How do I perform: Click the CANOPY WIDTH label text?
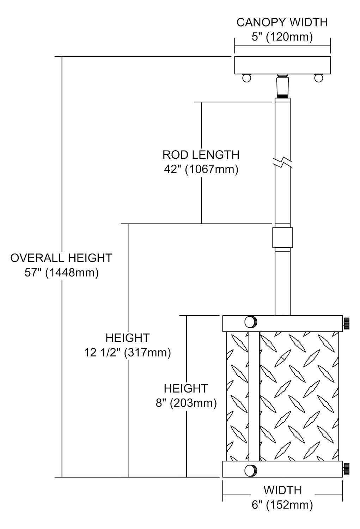282,22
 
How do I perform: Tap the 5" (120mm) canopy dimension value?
282,37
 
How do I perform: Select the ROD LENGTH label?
201,154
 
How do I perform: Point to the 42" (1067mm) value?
201,169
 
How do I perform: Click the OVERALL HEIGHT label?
61,258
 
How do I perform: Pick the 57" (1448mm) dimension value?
61,273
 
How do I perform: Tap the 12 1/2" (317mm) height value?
127,352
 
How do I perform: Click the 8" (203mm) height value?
186,403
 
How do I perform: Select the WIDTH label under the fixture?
282,490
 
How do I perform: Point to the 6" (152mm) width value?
282,505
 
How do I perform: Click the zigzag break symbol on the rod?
283,163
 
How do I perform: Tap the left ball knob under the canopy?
246,78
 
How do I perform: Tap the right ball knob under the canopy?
319,78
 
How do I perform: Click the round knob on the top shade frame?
251,322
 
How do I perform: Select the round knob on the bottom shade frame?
251,470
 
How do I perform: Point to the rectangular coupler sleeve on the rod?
282,237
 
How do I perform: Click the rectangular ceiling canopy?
282,65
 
